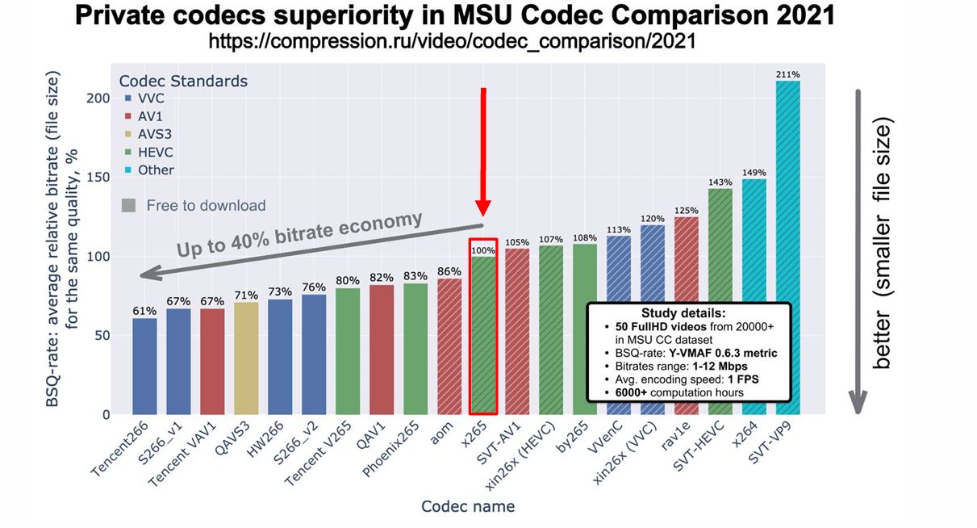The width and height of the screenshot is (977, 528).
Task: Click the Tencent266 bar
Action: (x=144, y=366)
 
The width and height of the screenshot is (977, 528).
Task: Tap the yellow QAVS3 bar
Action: (x=246, y=358)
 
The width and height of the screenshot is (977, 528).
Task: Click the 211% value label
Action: (x=787, y=75)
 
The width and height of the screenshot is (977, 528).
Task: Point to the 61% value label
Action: (x=144, y=311)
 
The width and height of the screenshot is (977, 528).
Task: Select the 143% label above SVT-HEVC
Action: (x=720, y=182)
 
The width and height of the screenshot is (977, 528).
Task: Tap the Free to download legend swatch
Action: (x=128, y=206)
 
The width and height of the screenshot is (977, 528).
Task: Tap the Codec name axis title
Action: (x=467, y=506)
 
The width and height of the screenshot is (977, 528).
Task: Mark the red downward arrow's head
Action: (x=482, y=213)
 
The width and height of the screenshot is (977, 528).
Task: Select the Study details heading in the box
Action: (x=683, y=312)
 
